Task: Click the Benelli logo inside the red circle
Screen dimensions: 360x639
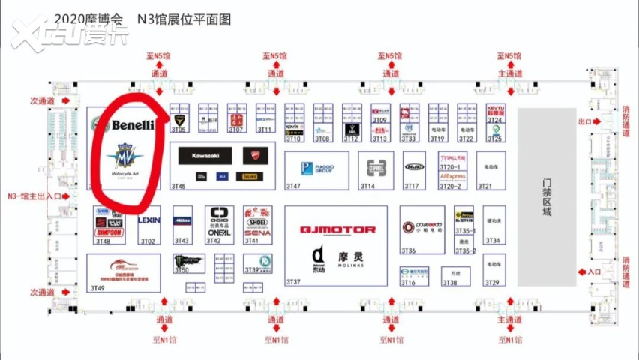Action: (x=133, y=124)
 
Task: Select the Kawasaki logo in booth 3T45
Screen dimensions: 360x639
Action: (x=205, y=155)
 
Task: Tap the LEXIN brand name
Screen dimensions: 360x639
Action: (x=149, y=220)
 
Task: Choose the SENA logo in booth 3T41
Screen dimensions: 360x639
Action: (x=257, y=233)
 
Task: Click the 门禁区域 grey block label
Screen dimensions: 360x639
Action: (x=547, y=197)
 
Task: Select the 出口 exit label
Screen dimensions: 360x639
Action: (x=584, y=121)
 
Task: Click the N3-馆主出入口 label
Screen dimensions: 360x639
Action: (x=34, y=196)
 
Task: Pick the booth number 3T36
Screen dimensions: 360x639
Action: (x=409, y=250)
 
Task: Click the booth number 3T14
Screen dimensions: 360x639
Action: (x=367, y=186)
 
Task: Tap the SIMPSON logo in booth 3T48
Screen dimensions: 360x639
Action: (x=109, y=234)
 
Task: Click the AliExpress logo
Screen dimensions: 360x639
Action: (x=453, y=177)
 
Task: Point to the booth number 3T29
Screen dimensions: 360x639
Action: (x=491, y=282)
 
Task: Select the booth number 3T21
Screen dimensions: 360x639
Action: (x=484, y=186)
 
